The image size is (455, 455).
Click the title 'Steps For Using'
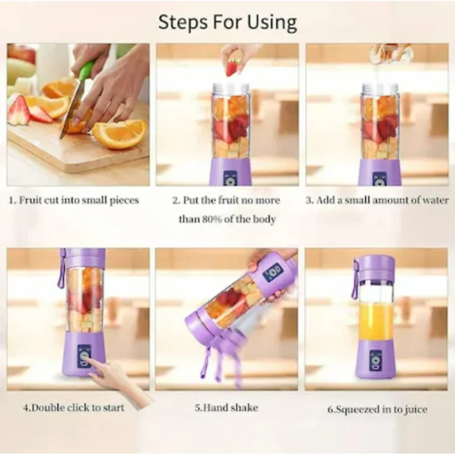click(x=227, y=22)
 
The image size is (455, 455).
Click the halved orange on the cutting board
click(x=118, y=134)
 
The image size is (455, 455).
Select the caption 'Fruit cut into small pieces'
click(x=73, y=200)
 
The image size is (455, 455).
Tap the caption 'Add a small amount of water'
click(x=377, y=200)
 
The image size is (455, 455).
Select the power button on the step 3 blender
click(x=379, y=180)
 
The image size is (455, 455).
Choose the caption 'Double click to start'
click(x=73, y=407)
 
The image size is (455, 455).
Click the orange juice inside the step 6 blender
click(x=375, y=321)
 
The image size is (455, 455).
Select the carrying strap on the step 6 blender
click(x=355, y=279)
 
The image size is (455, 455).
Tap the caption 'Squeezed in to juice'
click(x=377, y=409)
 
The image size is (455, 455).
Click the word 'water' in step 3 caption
click(x=436, y=200)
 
